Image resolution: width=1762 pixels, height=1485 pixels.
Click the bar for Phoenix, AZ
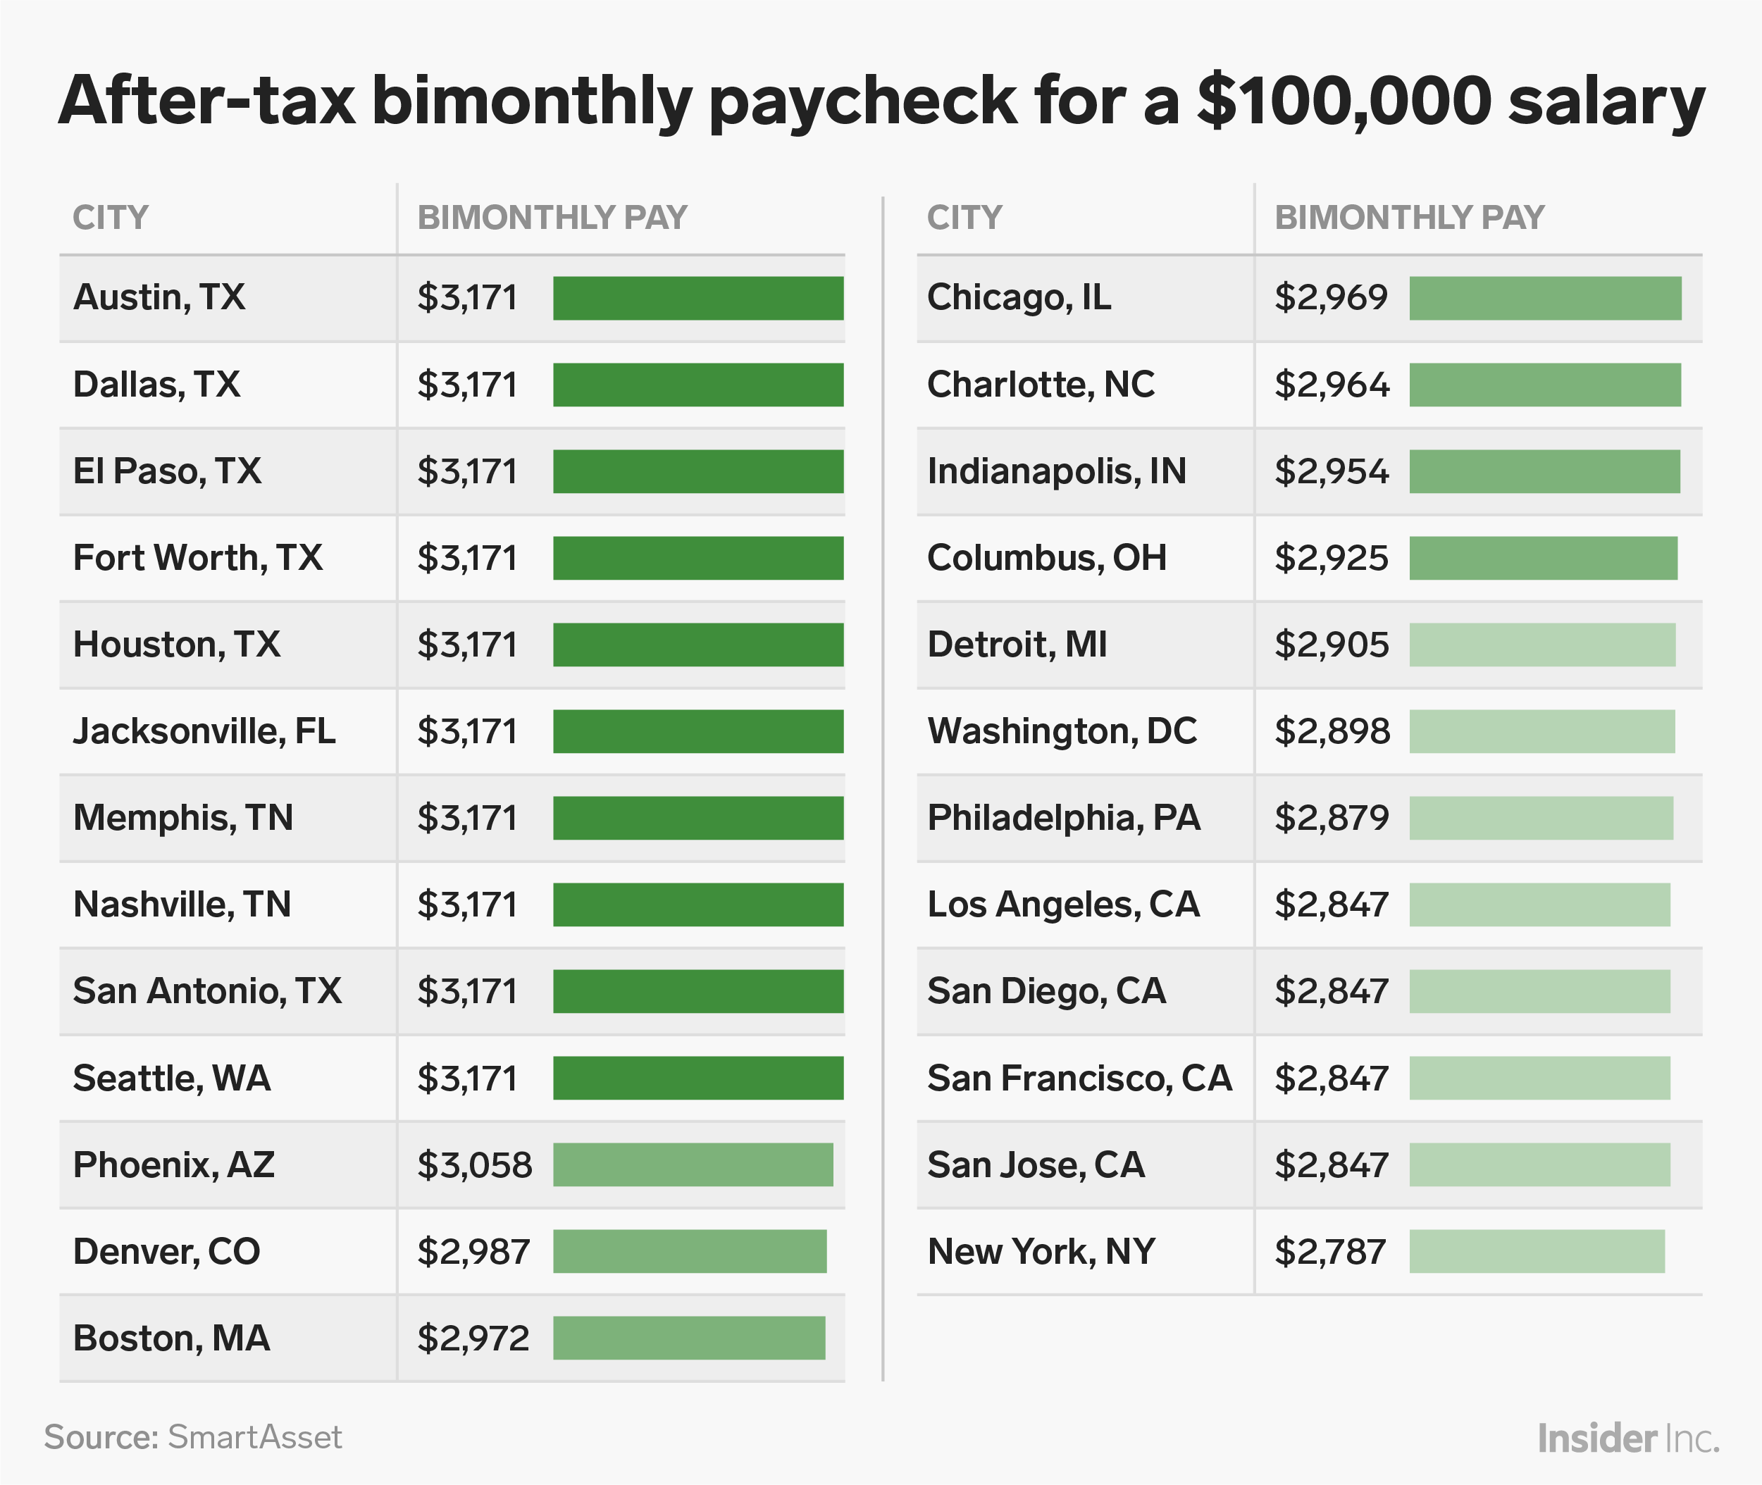pos(692,1164)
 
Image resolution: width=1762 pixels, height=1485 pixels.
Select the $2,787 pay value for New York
pos(1330,1251)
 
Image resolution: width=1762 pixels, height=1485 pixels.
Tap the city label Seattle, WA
pos(172,1079)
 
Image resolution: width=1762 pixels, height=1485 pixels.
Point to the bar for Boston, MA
pos(688,1338)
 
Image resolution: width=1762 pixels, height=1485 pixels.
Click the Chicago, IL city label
pos(1019,297)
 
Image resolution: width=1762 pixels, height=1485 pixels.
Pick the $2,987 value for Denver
pos(473,1251)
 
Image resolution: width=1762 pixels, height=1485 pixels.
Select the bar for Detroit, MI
pos(1542,645)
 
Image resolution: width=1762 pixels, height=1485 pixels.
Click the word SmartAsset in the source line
pos(254,1437)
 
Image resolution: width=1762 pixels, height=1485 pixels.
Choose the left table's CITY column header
pos(111,218)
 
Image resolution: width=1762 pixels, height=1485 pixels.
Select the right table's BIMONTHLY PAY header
pos(1409,218)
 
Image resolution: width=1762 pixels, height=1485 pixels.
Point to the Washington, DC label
pos(1062,731)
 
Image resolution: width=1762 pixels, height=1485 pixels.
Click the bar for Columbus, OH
pos(1543,558)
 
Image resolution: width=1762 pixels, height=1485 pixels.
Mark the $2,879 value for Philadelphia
pos(1331,817)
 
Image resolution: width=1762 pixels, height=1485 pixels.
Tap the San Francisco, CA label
pos(1079,1079)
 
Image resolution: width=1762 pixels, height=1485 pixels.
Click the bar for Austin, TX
pos(698,298)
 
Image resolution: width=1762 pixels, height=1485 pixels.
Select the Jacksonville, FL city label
pos(204,731)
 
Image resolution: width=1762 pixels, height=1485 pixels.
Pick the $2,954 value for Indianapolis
pos(1331,471)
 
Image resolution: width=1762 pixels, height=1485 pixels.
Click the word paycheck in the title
pos(864,103)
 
